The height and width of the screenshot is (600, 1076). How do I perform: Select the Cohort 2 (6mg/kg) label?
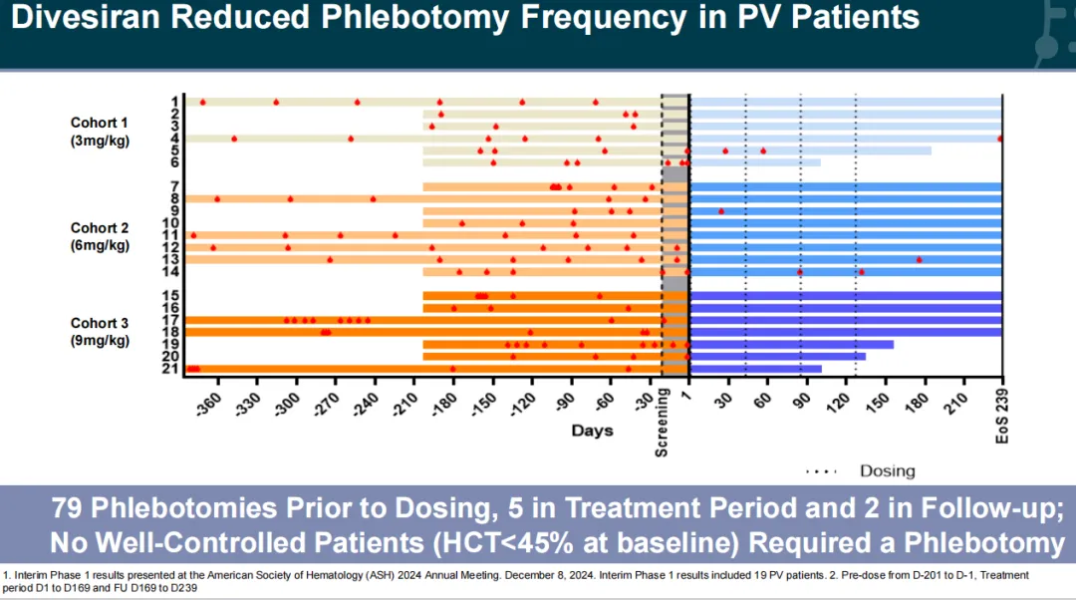[100, 236]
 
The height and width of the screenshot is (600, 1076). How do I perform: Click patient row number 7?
[174, 186]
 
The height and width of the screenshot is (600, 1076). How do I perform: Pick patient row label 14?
[171, 271]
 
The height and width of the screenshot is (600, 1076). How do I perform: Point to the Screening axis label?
[662, 423]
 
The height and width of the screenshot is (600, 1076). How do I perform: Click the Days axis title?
[593, 431]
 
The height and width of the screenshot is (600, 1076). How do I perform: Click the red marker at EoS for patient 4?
[1000, 139]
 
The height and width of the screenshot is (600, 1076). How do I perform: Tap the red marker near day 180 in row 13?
[920, 259]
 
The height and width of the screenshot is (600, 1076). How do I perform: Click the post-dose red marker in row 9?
[721, 211]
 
